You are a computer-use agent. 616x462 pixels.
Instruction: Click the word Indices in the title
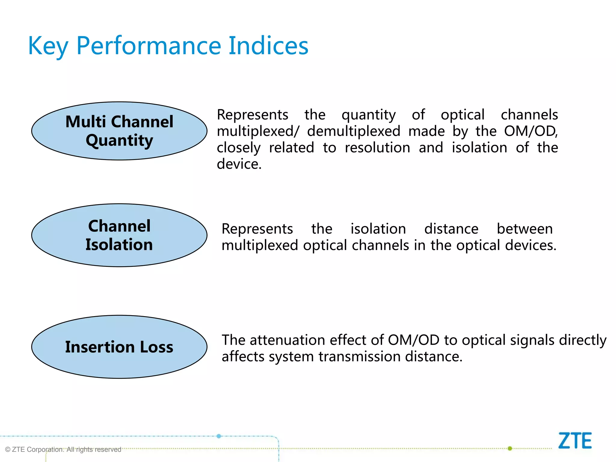pyautogui.click(x=268, y=46)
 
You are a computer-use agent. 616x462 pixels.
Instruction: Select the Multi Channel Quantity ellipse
pyautogui.click(x=119, y=131)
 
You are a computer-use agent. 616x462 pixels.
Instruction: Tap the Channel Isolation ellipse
pyautogui.click(x=119, y=235)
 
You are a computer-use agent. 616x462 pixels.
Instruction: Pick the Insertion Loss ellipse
pyautogui.click(x=119, y=347)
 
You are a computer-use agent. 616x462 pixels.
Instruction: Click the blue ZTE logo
pyautogui.click(x=575, y=441)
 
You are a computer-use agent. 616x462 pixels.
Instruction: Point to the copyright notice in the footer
pyautogui.click(x=63, y=449)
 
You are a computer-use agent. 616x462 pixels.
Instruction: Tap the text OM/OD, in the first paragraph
pyautogui.click(x=531, y=131)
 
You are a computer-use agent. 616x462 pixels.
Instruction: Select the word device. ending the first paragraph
pyautogui.click(x=239, y=164)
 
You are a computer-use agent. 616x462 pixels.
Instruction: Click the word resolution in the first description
pyautogui.click(x=377, y=148)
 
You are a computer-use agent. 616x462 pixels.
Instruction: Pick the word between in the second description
pyautogui.click(x=525, y=229)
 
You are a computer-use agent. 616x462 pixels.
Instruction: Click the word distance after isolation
pyautogui.click(x=451, y=229)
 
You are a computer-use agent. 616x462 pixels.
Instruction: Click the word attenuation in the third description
pyautogui.click(x=287, y=340)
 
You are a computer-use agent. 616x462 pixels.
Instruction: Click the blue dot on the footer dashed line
pyautogui.click(x=219, y=436)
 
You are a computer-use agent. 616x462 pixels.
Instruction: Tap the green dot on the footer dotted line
pyautogui.click(x=510, y=448)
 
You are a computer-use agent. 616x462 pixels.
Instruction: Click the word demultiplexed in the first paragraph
pyautogui.click(x=353, y=131)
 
